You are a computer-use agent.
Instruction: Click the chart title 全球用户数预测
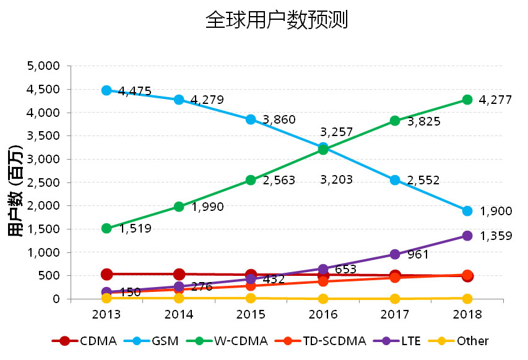click(276, 20)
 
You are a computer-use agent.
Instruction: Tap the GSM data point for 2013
click(106, 90)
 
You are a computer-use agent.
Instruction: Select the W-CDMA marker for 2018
click(467, 100)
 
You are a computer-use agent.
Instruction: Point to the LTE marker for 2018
click(467, 236)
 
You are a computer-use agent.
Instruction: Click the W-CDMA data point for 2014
click(179, 207)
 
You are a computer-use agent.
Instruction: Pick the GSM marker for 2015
click(251, 119)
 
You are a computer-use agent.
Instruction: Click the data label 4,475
click(134, 92)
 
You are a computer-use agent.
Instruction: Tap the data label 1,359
click(496, 236)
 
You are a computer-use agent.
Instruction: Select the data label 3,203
click(336, 180)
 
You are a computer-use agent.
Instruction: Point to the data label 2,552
click(423, 181)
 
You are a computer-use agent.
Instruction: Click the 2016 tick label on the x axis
click(322, 314)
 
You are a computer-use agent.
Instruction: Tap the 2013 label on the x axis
click(106, 314)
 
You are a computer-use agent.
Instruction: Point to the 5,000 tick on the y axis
click(43, 66)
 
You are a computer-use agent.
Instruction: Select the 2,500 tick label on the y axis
click(43, 182)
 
